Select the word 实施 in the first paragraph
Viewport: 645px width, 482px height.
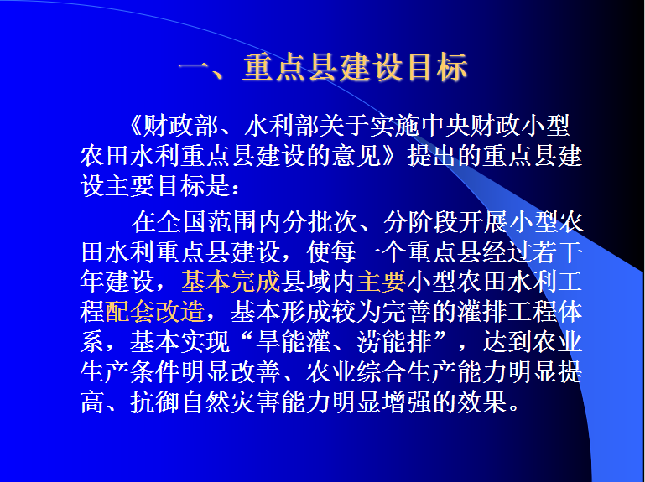point(395,126)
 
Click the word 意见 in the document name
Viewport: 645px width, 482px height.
point(356,155)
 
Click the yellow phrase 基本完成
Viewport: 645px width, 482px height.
point(231,282)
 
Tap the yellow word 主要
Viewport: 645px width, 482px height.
point(382,282)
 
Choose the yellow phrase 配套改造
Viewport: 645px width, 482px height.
point(154,312)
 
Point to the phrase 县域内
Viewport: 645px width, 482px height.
point(319,282)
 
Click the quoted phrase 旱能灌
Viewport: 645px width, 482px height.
point(293,342)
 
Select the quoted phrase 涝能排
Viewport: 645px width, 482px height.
point(394,342)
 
